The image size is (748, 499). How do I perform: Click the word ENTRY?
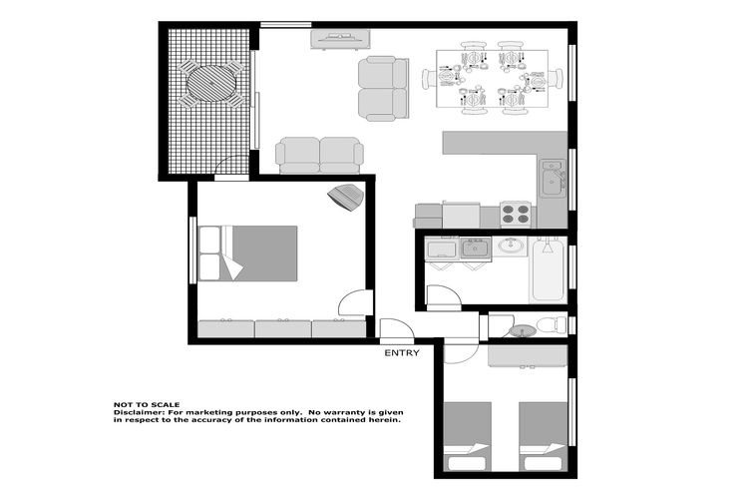pyautogui.click(x=402, y=353)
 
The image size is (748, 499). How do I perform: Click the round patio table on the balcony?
pyautogui.click(x=211, y=83)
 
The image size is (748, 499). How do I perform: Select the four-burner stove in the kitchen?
pyautogui.click(x=516, y=214)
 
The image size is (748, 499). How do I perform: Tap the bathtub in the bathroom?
pyautogui.click(x=548, y=270)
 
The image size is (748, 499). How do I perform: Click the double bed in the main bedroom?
pyautogui.click(x=247, y=253)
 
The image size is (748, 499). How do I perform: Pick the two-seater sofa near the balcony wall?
pyautogui.click(x=319, y=156)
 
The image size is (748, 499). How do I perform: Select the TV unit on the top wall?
pyautogui.click(x=340, y=39)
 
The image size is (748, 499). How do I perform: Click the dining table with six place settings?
pyautogui.click(x=492, y=78)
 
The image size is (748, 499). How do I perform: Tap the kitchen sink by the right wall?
pyautogui.click(x=553, y=179)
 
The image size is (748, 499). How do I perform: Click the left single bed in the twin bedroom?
pyautogui.click(x=468, y=436)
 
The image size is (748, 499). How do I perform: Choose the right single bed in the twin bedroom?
pyautogui.click(x=543, y=436)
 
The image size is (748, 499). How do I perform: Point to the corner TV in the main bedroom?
pyautogui.click(x=346, y=197)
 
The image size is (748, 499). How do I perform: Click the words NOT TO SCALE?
pyautogui.click(x=147, y=404)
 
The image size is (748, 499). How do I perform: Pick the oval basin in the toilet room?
pyautogui.click(x=523, y=330)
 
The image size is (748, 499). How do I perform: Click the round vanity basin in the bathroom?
pyautogui.click(x=511, y=246)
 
